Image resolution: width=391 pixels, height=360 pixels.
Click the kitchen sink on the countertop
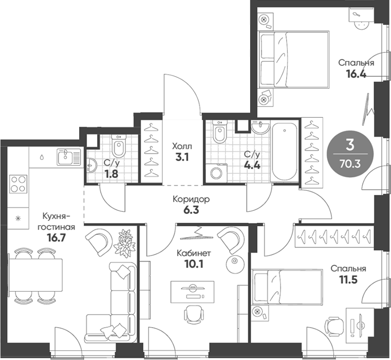[69, 157]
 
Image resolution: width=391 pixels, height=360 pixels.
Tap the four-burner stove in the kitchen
[18, 184]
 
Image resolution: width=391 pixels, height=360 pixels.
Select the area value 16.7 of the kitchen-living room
[56, 238]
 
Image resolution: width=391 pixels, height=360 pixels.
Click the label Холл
[182, 146]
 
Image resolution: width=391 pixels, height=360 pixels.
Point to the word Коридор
[191, 200]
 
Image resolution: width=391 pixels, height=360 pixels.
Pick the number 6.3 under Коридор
[191, 210]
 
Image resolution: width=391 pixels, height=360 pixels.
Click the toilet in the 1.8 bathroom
[119, 146]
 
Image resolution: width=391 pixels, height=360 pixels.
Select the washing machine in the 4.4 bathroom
[216, 172]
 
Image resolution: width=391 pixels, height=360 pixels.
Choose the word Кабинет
[194, 253]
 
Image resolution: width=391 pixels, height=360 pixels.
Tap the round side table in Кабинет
[234, 262]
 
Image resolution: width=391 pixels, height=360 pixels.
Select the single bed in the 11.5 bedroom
[287, 286]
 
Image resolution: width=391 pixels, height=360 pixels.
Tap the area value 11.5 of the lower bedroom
[348, 280]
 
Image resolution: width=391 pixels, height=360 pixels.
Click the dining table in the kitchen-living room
[35, 275]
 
